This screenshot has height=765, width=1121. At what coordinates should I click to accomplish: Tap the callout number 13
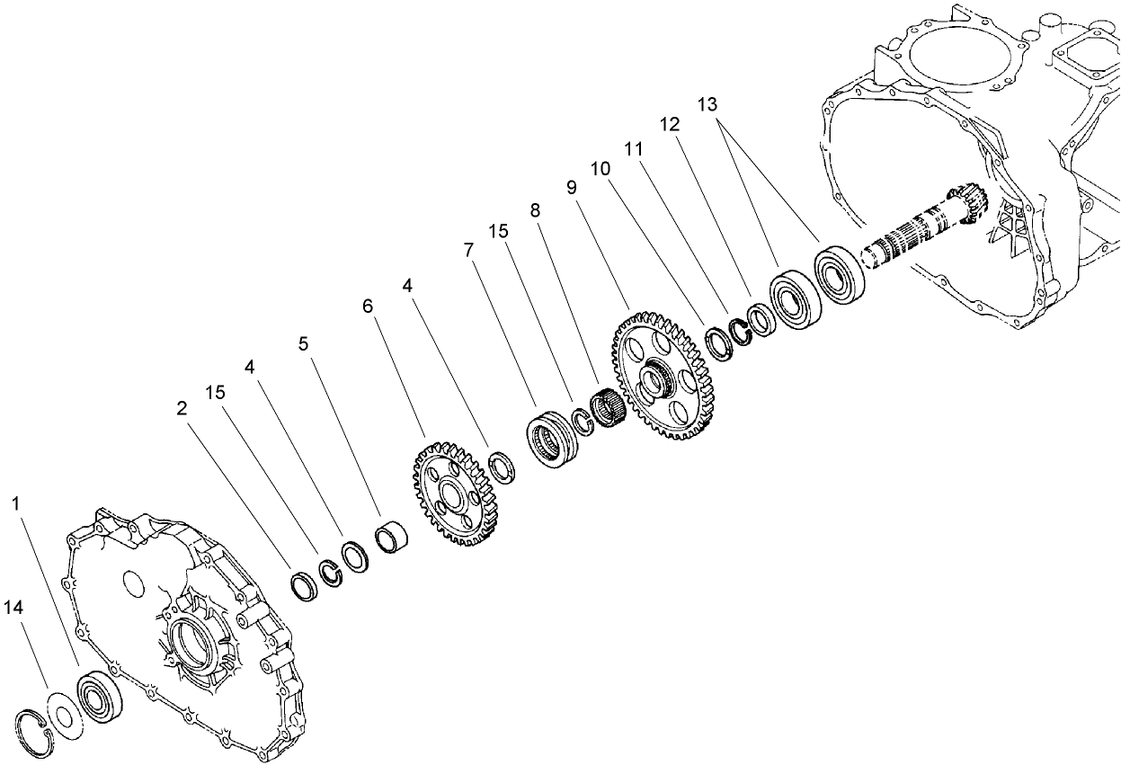[x=708, y=103]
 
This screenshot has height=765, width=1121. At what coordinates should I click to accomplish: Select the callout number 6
[x=367, y=306]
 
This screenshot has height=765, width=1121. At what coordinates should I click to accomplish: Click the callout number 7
[x=468, y=249]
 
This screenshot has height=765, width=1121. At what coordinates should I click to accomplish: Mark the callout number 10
[x=600, y=168]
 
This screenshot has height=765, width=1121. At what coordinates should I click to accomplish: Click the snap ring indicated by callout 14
[x=36, y=725]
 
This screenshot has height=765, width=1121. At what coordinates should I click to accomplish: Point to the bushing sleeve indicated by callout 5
[x=392, y=539]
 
